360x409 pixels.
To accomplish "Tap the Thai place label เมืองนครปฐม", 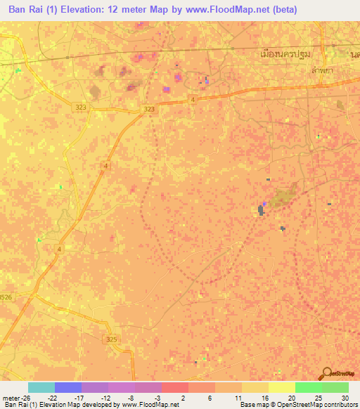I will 285,53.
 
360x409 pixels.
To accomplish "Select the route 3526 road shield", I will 5,297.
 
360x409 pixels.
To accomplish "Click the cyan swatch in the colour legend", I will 41,387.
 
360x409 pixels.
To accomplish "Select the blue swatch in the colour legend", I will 68,387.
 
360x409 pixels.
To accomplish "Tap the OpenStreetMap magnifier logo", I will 326,372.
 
